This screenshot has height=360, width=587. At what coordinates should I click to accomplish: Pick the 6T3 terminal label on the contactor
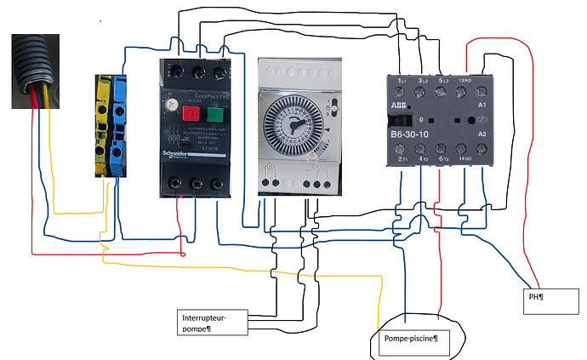pos(443,159)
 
